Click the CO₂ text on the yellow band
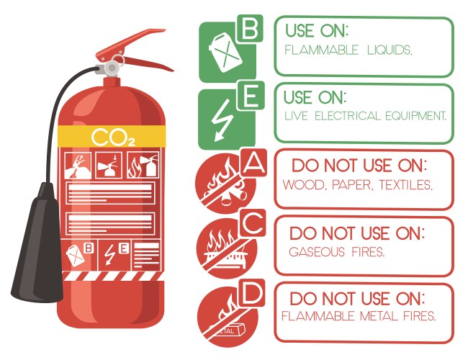point(113,138)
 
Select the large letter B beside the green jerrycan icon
point(249,30)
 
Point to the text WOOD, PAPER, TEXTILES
point(357,185)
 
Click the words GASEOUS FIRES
point(336,252)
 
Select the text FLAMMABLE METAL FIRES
point(359,316)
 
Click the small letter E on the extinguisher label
point(124,249)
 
